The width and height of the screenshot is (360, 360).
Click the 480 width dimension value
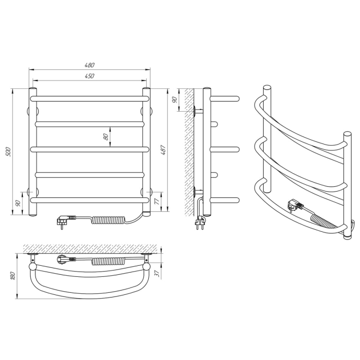coord(89,65)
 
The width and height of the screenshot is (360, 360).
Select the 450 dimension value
coord(89,76)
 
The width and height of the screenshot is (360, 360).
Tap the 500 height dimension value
coord(8,151)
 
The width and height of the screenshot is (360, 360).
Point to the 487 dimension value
coord(163,150)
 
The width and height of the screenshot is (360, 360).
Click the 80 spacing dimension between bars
coord(106,137)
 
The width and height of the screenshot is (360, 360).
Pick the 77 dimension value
coord(157,202)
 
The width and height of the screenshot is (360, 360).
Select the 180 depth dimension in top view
coord(13,276)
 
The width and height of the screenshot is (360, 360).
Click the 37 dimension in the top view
coord(158,274)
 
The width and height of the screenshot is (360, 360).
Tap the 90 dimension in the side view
coord(175,100)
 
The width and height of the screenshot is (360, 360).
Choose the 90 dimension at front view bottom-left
coord(18,203)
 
